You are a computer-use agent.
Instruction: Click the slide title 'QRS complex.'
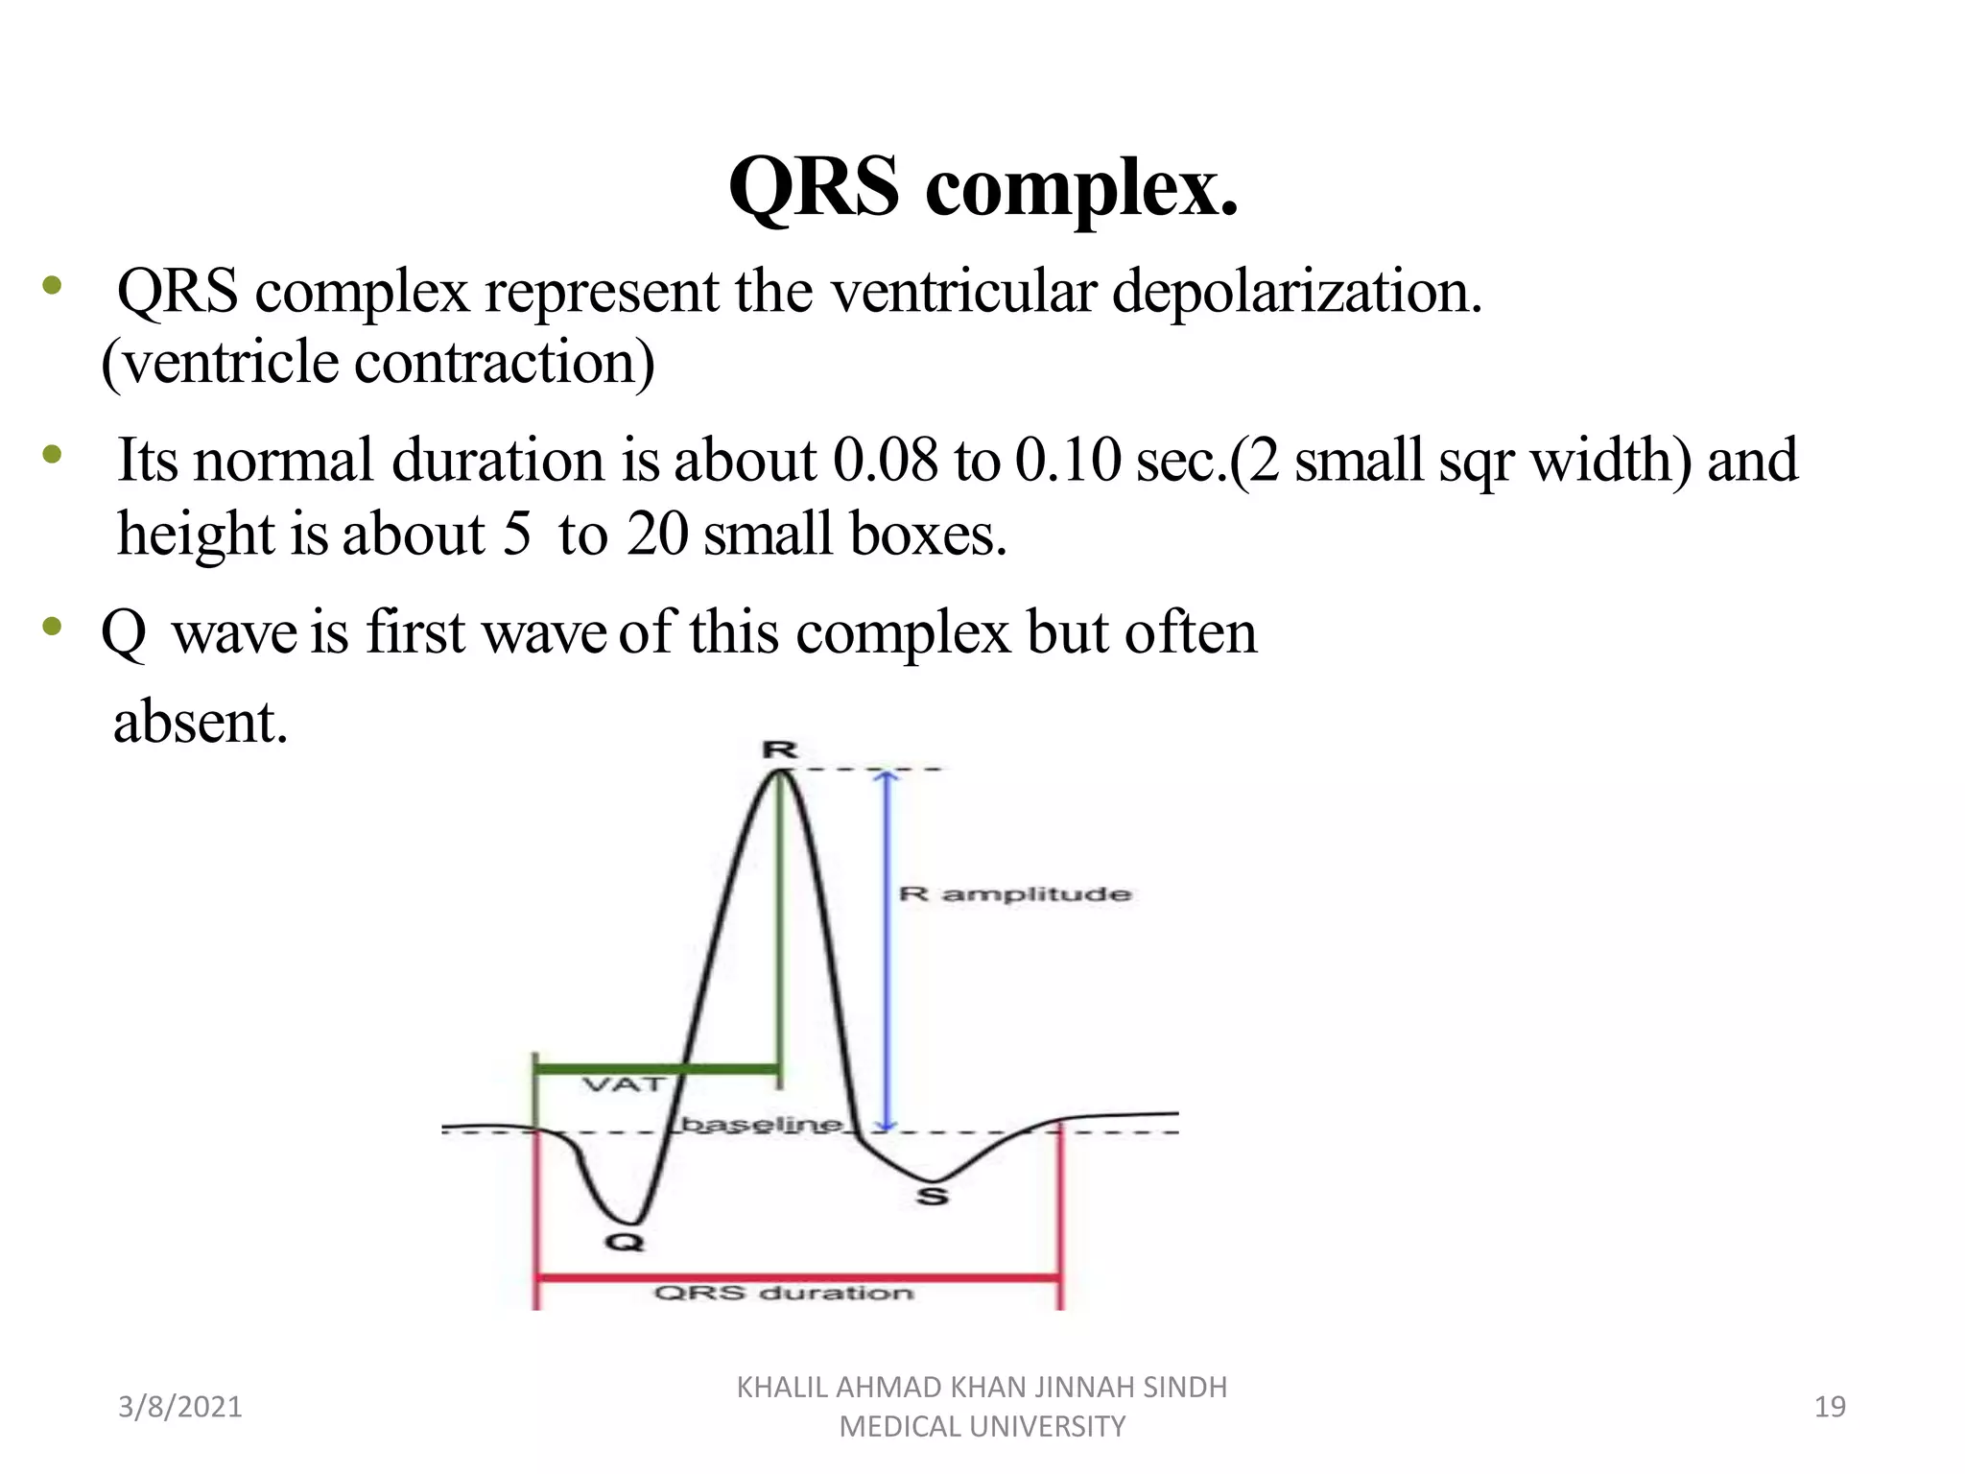(982, 187)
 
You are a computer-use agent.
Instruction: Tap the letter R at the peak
(779, 749)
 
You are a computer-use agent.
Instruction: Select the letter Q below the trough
(625, 1242)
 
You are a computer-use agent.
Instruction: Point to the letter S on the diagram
(932, 1196)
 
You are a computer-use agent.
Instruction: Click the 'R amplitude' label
(1015, 894)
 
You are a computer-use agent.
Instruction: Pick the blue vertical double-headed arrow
(888, 950)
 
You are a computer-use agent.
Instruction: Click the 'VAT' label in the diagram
(624, 1085)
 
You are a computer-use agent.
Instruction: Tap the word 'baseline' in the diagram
(762, 1124)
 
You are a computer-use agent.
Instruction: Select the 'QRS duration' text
(783, 1294)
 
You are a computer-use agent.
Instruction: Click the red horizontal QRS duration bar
(796, 1277)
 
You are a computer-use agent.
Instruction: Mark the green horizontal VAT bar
(656, 1068)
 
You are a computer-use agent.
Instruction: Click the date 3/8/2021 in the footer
(179, 1407)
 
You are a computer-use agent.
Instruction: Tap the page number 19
(1830, 1407)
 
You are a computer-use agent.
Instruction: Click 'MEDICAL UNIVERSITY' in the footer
(982, 1427)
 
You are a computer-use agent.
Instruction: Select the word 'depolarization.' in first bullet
(1297, 292)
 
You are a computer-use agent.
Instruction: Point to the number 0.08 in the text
(885, 460)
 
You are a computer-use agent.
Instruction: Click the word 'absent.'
(201, 722)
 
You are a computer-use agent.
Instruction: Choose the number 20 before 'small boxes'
(657, 534)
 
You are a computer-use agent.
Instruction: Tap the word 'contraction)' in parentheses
(504, 363)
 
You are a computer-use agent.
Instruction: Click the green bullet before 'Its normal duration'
(52, 455)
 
